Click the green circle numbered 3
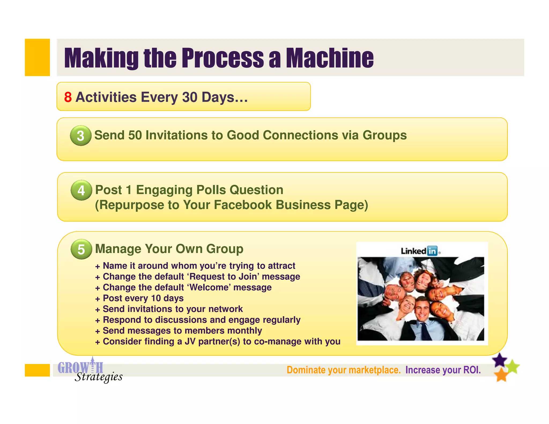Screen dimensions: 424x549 [80, 136]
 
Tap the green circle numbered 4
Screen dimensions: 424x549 [81, 190]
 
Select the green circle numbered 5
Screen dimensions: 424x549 [81, 249]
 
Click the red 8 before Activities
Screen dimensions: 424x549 [68, 97]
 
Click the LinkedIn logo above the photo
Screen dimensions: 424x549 [420, 251]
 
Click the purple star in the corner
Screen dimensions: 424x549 [500, 360]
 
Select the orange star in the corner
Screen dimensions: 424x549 [501, 375]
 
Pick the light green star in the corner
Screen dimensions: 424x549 [513, 366]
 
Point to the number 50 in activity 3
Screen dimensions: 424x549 [135, 135]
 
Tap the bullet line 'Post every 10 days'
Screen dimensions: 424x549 [143, 298]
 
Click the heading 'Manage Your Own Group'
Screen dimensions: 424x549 [169, 249]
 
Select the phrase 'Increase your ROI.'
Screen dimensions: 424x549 [443, 370]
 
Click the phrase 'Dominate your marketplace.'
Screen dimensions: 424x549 [343, 370]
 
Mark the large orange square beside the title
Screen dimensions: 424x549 [37, 57]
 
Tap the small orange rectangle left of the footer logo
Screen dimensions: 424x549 [37, 370]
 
